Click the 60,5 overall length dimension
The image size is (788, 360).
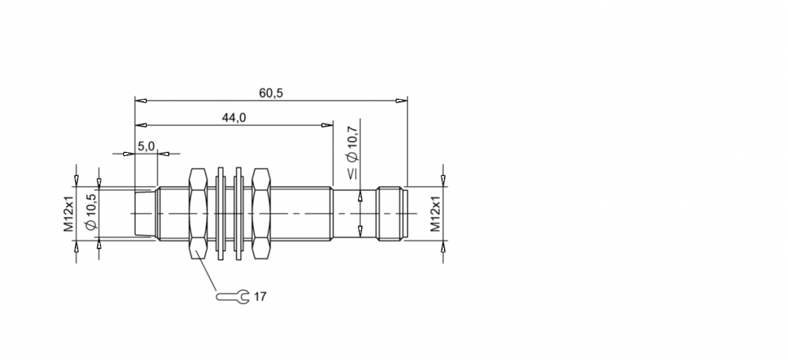[271, 93]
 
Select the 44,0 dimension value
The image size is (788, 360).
[234, 118]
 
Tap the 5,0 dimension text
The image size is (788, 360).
[146, 146]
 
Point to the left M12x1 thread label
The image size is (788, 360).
[69, 214]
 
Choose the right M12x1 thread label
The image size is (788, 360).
[435, 214]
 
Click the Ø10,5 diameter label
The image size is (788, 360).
[91, 212]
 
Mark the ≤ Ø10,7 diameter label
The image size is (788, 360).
[352, 153]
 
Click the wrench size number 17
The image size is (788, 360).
[260, 297]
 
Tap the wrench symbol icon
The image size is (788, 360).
[232, 297]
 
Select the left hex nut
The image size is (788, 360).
[198, 214]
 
